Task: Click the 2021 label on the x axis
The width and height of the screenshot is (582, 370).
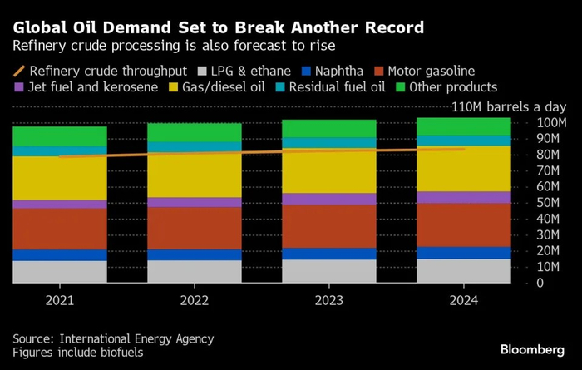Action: [59, 300]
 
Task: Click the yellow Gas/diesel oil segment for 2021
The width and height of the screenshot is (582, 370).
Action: [59, 178]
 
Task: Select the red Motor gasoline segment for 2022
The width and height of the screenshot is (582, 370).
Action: [194, 228]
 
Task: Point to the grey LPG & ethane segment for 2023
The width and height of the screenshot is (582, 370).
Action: [328, 271]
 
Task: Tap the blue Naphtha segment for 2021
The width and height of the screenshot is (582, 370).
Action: [59, 255]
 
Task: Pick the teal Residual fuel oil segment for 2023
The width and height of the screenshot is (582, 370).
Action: [328, 143]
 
